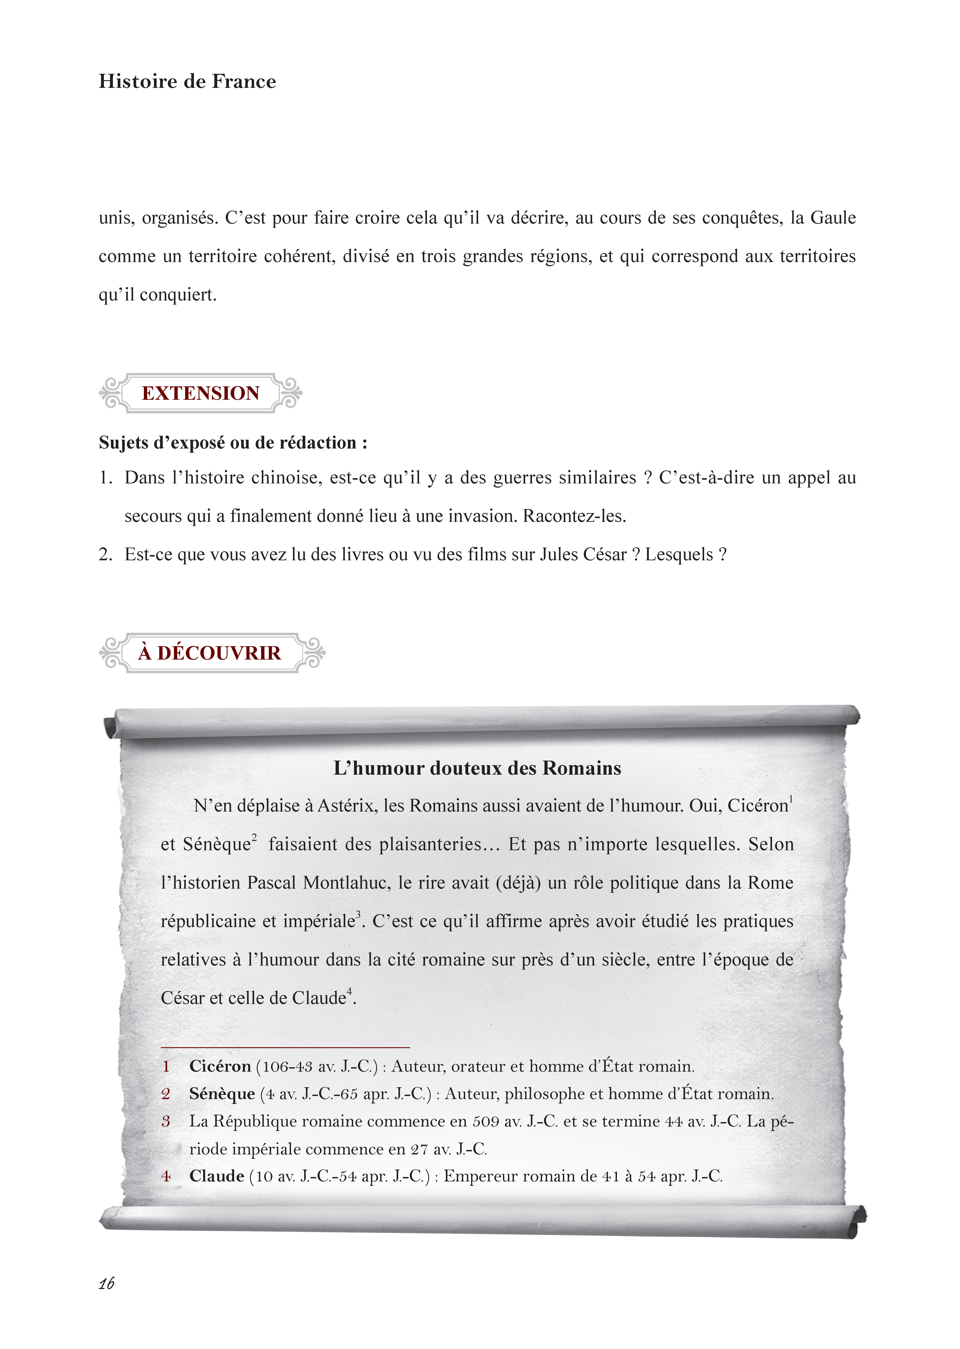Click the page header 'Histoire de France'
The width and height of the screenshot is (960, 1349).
(x=187, y=81)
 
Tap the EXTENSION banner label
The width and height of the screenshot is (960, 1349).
(x=200, y=393)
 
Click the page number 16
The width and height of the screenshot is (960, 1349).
(x=106, y=1283)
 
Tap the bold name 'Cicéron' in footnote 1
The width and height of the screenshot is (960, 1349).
(x=220, y=1066)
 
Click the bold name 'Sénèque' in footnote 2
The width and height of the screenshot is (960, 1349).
(x=222, y=1094)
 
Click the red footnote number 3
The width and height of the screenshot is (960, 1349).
(x=166, y=1121)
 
